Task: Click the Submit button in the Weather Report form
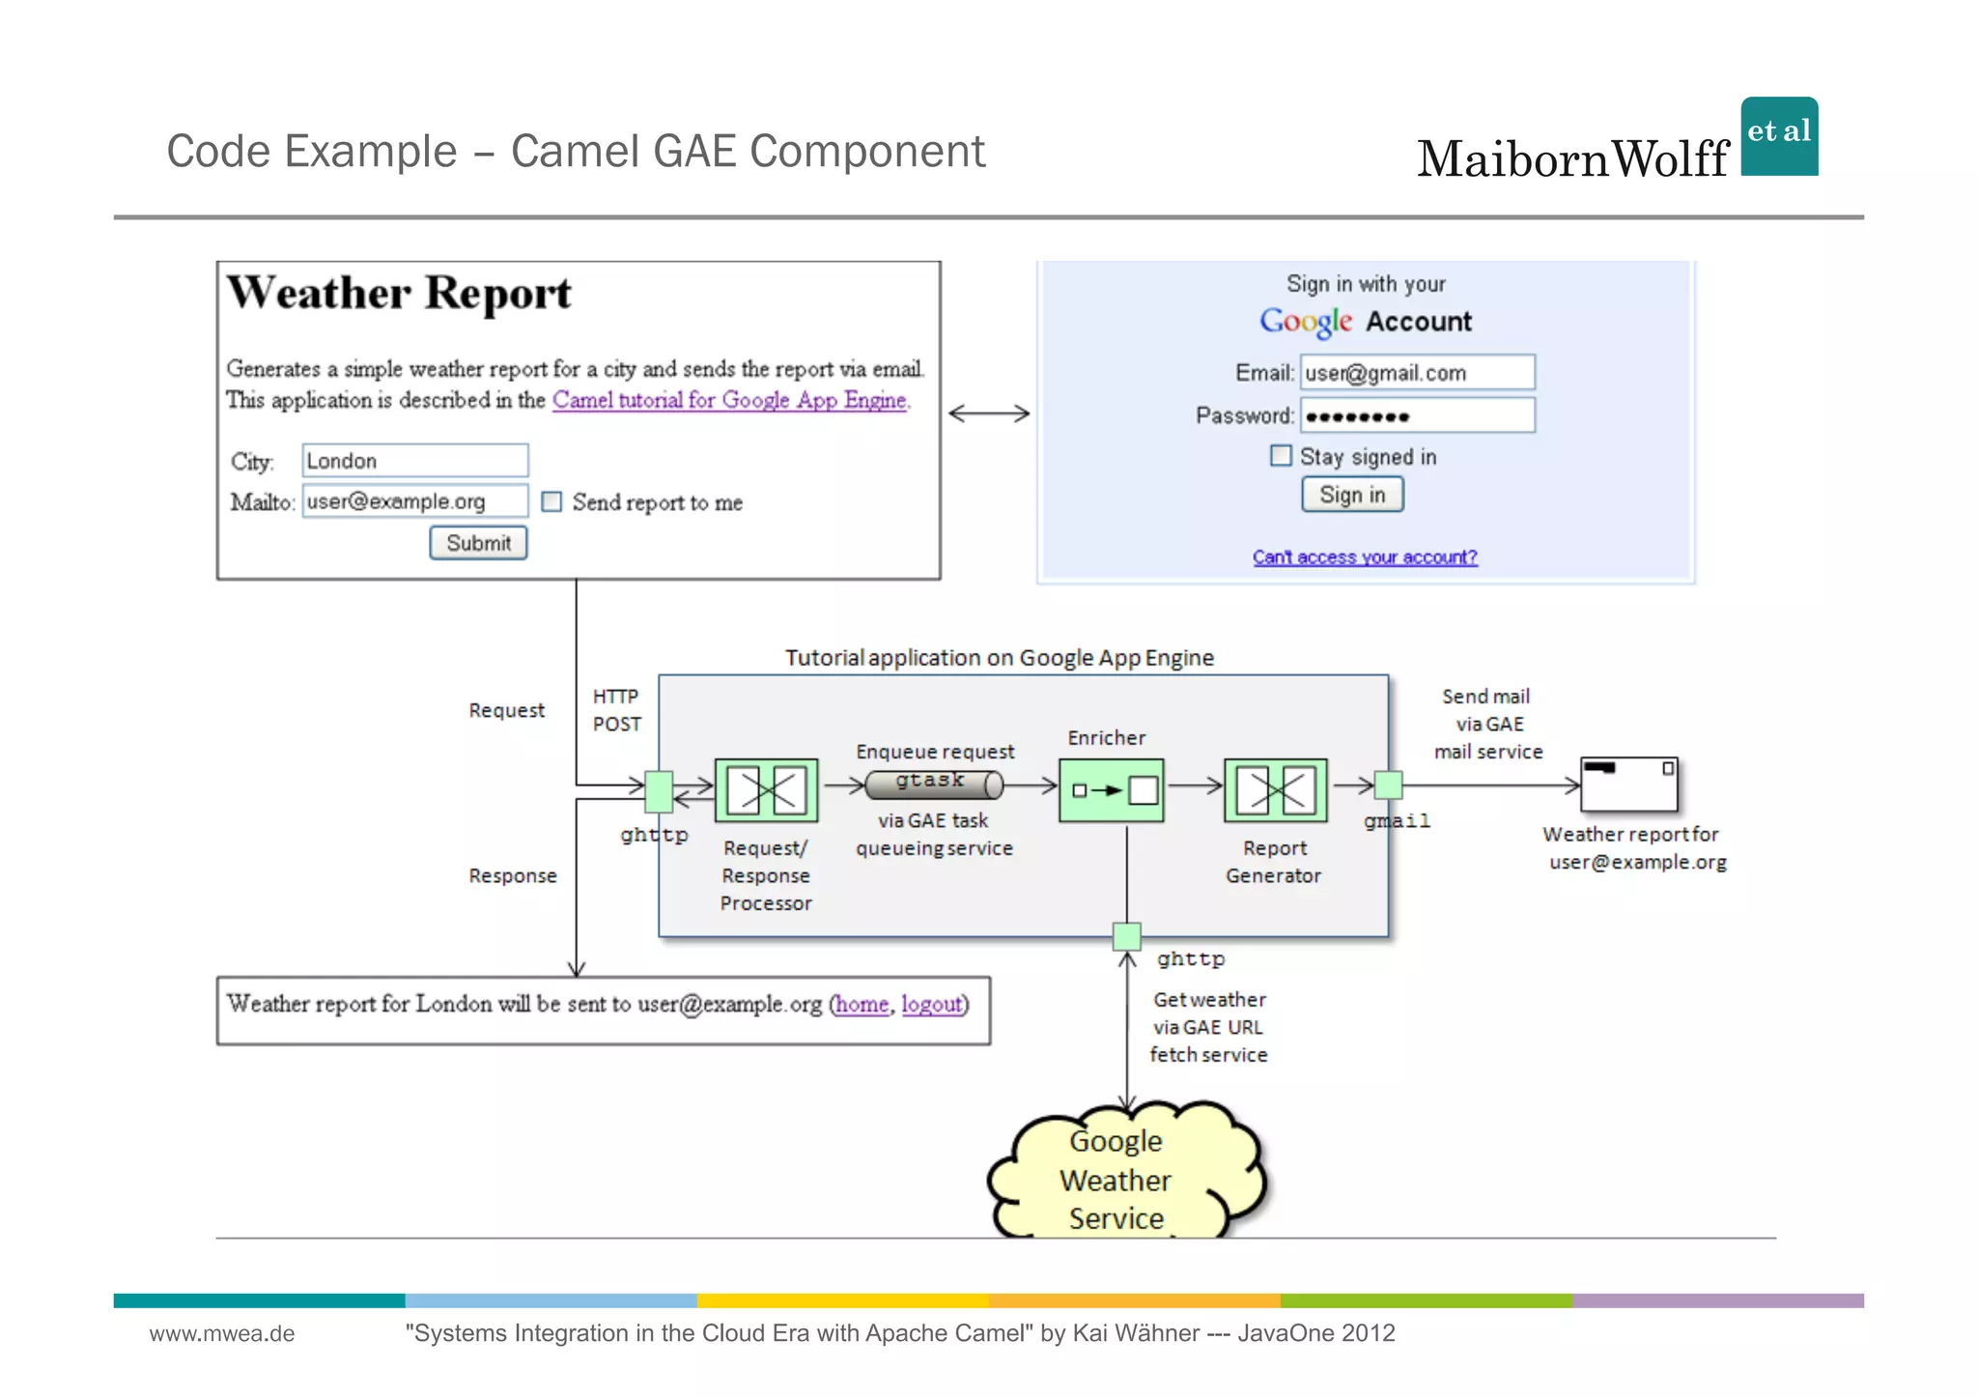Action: click(x=478, y=543)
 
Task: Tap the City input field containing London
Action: click(x=414, y=461)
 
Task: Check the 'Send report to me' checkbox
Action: click(x=551, y=501)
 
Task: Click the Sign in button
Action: click(x=1351, y=495)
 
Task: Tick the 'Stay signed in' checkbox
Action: click(x=1281, y=455)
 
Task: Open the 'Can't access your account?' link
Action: click(x=1364, y=557)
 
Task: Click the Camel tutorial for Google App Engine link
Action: click(x=729, y=400)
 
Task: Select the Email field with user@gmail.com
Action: click(x=1417, y=373)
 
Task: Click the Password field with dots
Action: click(x=1417, y=416)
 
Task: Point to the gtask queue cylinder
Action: click(x=933, y=785)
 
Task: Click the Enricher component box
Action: click(x=1111, y=790)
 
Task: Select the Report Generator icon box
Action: click(x=1275, y=790)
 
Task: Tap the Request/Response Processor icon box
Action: click(x=766, y=790)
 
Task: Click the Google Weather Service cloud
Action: click(x=1120, y=1179)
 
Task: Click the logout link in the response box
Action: click(x=932, y=1005)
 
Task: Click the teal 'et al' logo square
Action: click(x=1779, y=136)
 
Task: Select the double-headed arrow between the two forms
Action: click(x=989, y=414)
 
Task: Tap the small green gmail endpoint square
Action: click(x=1388, y=785)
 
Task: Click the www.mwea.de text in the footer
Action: click(x=222, y=1334)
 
